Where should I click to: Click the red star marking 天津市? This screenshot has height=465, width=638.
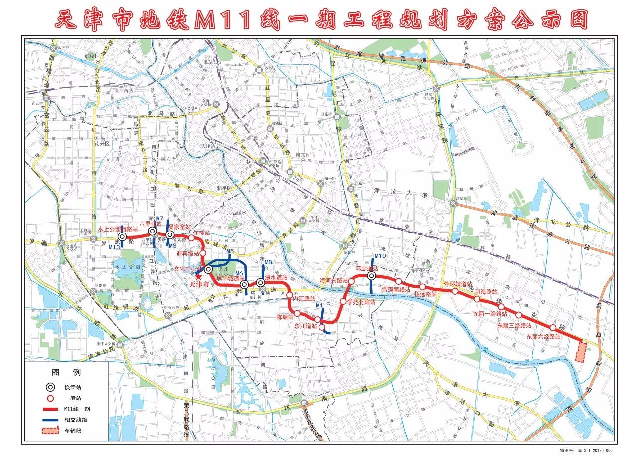(x=199, y=277)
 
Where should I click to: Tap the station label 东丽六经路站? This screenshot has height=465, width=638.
(x=543, y=337)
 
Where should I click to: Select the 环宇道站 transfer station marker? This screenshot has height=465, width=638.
(x=372, y=276)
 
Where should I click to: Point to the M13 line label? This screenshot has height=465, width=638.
(x=114, y=247)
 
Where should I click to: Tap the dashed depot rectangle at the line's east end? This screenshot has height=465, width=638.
(x=580, y=352)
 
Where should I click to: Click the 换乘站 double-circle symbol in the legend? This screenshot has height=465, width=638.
(x=49, y=387)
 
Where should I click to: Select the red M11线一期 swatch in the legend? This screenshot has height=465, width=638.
(x=49, y=409)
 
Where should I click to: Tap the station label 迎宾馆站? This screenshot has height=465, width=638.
(x=188, y=253)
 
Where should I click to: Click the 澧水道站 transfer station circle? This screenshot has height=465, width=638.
(x=260, y=283)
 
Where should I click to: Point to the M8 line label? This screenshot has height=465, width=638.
(x=268, y=263)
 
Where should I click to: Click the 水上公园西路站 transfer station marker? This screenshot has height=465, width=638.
(x=122, y=237)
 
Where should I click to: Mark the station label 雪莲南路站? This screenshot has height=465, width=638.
(x=396, y=289)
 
